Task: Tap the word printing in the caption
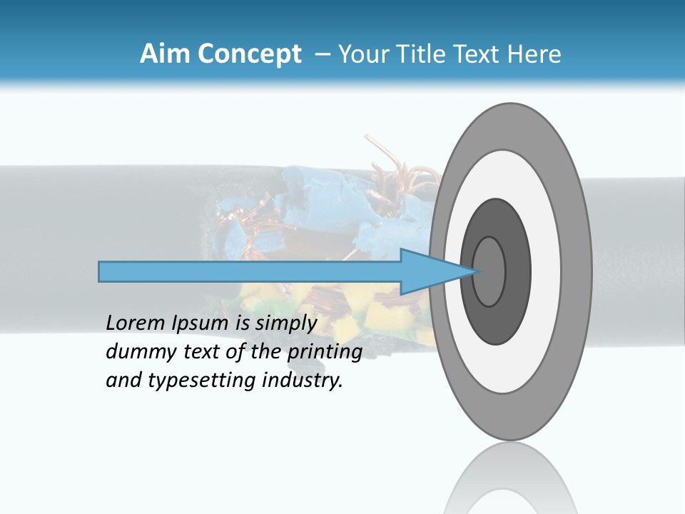pos(325,352)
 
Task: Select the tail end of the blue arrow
pos(101,271)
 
